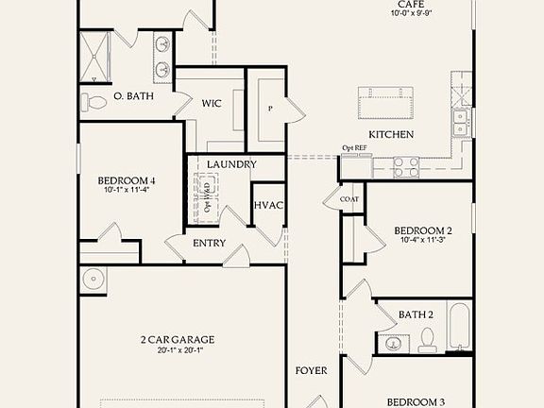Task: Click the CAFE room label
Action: [x=409, y=5]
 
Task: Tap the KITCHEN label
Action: [x=391, y=135]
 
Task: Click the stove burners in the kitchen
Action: [x=406, y=166]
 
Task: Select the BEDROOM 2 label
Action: [x=422, y=230]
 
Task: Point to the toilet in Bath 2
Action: [x=425, y=337]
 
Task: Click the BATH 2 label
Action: [x=416, y=314]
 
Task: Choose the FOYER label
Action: [x=312, y=370]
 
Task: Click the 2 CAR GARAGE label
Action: [x=178, y=339]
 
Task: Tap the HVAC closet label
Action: [x=268, y=206]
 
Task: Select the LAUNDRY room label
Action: [x=231, y=164]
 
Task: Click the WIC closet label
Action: [x=211, y=103]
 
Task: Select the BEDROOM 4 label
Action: [x=127, y=179]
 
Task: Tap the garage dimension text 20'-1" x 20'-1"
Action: [x=178, y=350]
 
